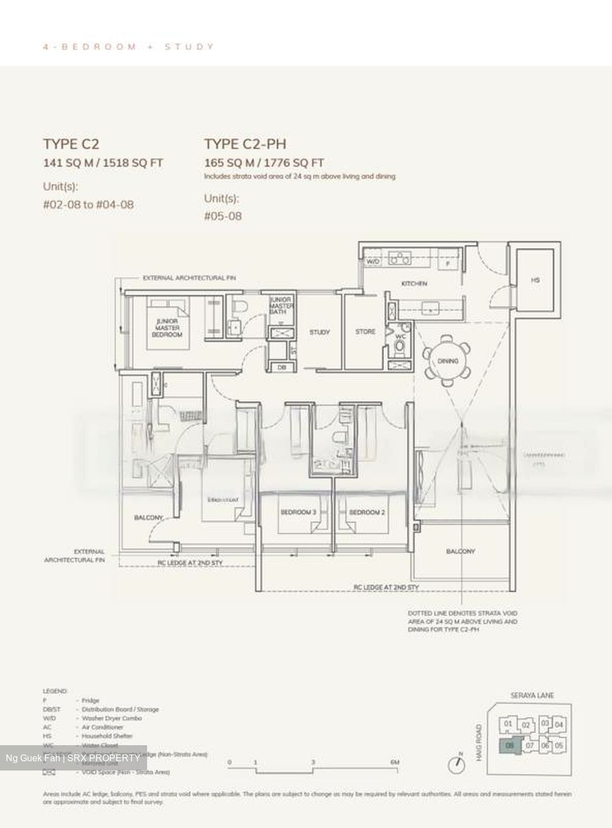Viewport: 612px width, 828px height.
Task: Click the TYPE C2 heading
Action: (x=71, y=144)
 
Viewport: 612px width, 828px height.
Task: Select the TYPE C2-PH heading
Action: (x=245, y=144)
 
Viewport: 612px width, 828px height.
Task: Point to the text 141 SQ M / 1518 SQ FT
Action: (x=103, y=163)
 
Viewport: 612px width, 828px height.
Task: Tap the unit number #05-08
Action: (x=223, y=216)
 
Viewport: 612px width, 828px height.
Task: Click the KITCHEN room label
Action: (x=414, y=283)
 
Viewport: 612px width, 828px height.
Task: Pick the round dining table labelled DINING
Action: (x=447, y=361)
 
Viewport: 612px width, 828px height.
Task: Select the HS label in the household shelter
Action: (x=535, y=280)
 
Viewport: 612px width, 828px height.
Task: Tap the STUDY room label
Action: (x=320, y=332)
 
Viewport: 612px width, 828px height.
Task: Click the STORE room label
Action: (x=365, y=332)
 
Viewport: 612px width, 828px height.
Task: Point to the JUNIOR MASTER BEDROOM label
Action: (x=167, y=328)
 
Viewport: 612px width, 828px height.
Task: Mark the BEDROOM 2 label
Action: (x=367, y=512)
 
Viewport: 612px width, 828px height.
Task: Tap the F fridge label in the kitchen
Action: (x=448, y=263)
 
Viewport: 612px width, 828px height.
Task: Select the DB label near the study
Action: (x=282, y=367)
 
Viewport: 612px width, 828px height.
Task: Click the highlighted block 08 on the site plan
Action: (x=509, y=746)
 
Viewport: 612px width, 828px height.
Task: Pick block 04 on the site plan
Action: (x=559, y=724)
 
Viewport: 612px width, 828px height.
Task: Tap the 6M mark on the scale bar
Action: (x=394, y=762)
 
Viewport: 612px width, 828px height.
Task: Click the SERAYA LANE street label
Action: (x=532, y=695)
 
